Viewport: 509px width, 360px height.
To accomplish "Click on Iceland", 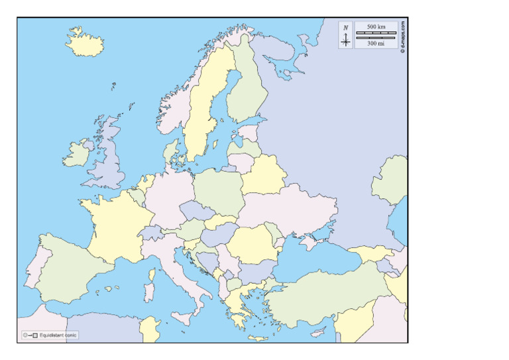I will (x=85, y=44).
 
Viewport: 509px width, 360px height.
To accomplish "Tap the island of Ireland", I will (x=78, y=154).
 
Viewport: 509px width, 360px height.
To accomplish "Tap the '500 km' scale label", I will (x=376, y=26).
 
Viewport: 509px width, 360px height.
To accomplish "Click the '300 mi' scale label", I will (x=376, y=43).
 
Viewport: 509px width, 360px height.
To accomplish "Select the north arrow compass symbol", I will (x=345, y=37).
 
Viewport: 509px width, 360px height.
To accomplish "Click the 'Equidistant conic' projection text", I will (x=58, y=335).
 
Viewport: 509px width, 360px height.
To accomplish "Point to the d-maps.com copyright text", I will (x=402, y=36).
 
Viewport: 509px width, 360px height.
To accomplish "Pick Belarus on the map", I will (x=262, y=174).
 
